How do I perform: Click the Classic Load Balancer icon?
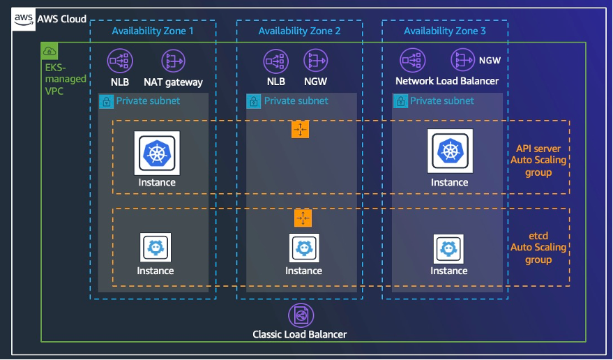(x=300, y=315)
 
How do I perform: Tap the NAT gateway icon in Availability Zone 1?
(x=173, y=61)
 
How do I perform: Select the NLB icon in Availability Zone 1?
(x=119, y=61)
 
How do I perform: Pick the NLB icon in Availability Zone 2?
(x=275, y=61)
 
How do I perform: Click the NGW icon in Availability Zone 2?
(x=315, y=61)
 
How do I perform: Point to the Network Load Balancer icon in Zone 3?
(x=411, y=61)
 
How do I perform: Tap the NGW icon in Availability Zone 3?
(x=463, y=61)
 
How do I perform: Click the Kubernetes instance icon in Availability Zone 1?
(x=157, y=153)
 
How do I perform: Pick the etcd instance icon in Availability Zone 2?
(x=303, y=248)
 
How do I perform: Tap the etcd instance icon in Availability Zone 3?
(x=448, y=248)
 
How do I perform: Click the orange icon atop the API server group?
(x=300, y=129)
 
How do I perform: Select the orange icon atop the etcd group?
(x=303, y=218)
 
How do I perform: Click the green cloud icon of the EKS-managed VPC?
(x=50, y=51)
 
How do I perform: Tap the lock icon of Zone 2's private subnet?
(x=254, y=101)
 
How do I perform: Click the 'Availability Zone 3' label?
(x=444, y=31)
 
